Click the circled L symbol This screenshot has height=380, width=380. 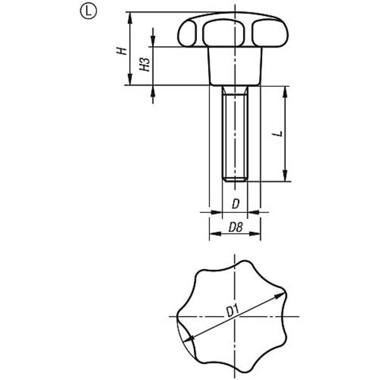click(88, 11)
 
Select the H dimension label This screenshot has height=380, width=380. click(122, 51)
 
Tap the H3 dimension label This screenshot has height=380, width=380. click(144, 65)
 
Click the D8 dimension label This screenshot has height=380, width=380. click(236, 227)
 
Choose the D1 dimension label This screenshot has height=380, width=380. click(232, 311)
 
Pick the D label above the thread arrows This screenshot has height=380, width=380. click(236, 204)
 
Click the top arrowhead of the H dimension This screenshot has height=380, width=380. click(130, 18)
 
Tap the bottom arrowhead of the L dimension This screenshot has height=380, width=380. click(285, 175)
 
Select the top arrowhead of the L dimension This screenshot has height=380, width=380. click(285, 92)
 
